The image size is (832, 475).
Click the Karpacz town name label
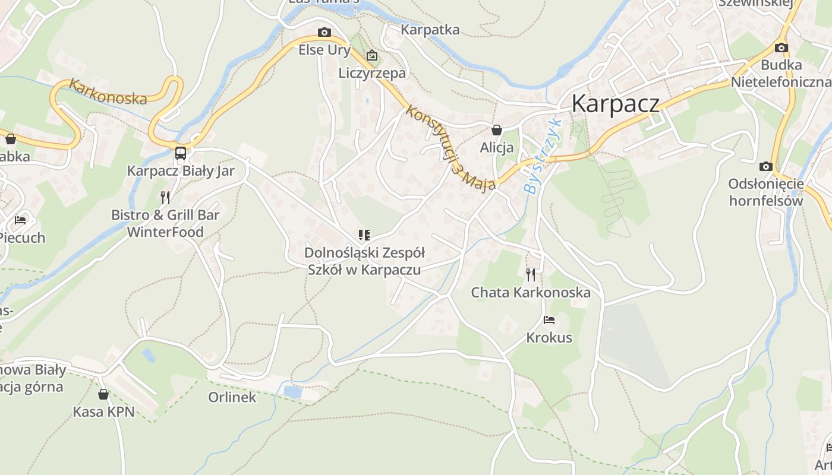[x=615, y=103]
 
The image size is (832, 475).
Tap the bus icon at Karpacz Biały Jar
[x=181, y=153]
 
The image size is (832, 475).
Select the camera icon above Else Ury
[x=324, y=32]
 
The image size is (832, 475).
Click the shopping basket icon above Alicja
[x=496, y=129]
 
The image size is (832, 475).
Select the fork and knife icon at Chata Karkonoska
[x=530, y=274]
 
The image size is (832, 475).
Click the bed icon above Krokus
[x=549, y=320]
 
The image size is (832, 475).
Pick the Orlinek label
[x=232, y=397]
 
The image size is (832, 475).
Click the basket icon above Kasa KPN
[x=103, y=394]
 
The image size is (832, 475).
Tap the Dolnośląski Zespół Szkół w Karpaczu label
[x=364, y=261]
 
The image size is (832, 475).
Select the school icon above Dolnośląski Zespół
[x=364, y=235]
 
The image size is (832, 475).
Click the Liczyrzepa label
[x=372, y=73]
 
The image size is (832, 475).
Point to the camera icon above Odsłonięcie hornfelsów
[x=765, y=166]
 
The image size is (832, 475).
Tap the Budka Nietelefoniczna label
[x=781, y=73]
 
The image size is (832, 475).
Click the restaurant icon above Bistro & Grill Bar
[x=165, y=197]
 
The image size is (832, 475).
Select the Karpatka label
[x=430, y=30]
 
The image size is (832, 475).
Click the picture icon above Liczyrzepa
[x=372, y=56]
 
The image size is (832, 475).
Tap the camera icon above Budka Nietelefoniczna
[x=781, y=47]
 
